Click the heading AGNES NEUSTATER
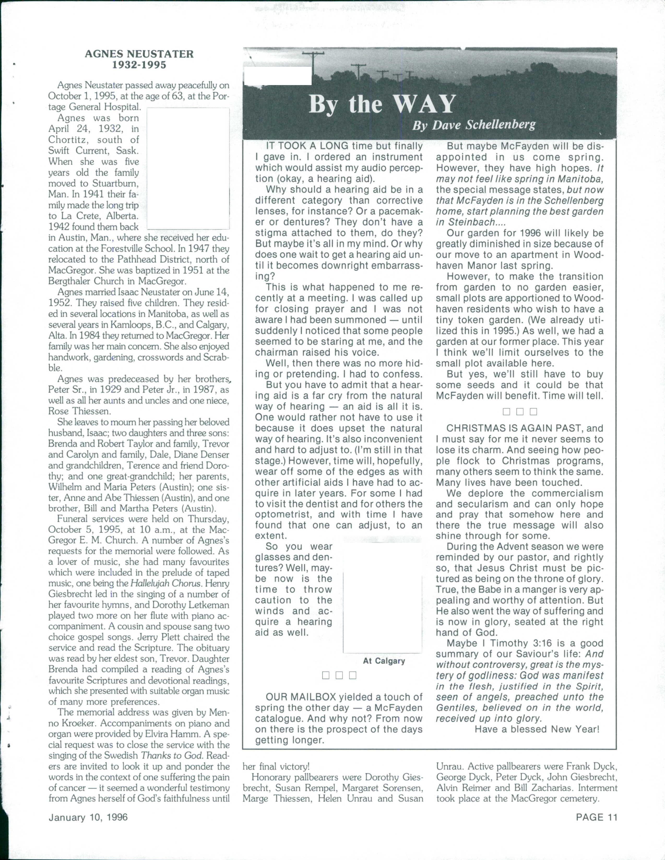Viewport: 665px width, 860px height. [139, 54]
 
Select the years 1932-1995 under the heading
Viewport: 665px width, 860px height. [139, 65]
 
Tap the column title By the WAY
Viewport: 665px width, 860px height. [382, 104]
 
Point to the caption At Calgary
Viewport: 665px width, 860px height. [384, 661]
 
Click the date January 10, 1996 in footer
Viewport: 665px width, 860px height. [88, 817]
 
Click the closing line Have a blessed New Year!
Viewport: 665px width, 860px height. [537, 729]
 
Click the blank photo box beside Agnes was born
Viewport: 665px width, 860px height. [188, 169]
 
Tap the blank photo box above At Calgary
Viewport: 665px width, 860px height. [382, 598]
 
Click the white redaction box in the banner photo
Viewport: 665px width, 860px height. [278, 76]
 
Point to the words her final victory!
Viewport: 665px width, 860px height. [276, 766]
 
